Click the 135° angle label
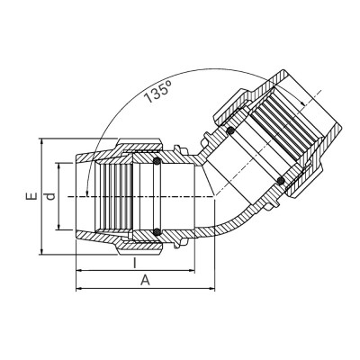point(157,93)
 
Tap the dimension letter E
point(31,196)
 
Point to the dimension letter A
point(145,281)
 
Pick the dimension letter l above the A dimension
point(135,263)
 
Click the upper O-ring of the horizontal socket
point(157,161)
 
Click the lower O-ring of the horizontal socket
point(157,231)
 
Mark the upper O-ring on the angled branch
point(230,130)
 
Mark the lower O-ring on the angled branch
point(281,181)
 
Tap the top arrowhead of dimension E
point(42,141)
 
